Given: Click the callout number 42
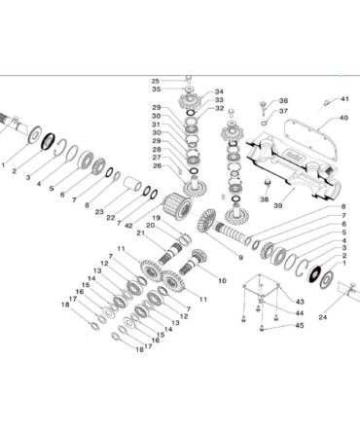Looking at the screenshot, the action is point(128,225).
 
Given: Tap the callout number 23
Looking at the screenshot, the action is point(99,212).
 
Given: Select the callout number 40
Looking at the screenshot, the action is point(343,118).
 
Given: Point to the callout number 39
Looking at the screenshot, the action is point(278,205).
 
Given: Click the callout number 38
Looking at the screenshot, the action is point(265,199).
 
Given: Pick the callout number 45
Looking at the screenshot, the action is point(300,325).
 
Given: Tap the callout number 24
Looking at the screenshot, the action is point(323,317).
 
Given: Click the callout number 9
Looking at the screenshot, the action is point(240,258).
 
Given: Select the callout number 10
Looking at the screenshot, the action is point(222,280).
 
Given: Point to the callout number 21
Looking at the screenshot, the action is point(140,233).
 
